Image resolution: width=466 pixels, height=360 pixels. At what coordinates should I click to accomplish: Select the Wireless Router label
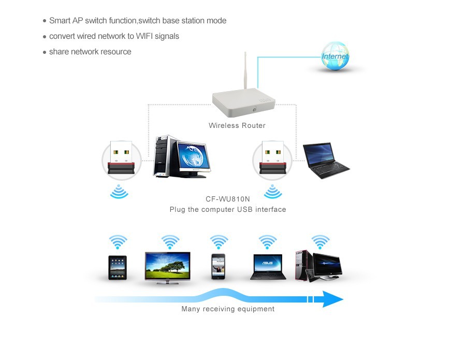point(237,125)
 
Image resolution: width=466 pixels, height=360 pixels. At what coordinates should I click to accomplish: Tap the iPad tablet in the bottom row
point(118,267)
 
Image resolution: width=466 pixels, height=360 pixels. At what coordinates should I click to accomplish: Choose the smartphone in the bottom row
point(219,266)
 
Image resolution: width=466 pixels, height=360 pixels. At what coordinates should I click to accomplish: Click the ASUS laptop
point(268,267)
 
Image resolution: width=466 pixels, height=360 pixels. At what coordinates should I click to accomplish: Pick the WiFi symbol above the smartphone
point(219,241)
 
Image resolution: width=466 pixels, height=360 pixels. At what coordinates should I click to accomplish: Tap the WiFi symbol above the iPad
point(118,241)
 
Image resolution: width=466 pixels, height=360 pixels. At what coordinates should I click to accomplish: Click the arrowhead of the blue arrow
point(332,299)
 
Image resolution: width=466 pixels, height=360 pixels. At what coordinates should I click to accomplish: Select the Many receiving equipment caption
point(228,309)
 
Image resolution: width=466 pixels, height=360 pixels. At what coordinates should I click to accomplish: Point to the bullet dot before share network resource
point(45,52)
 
